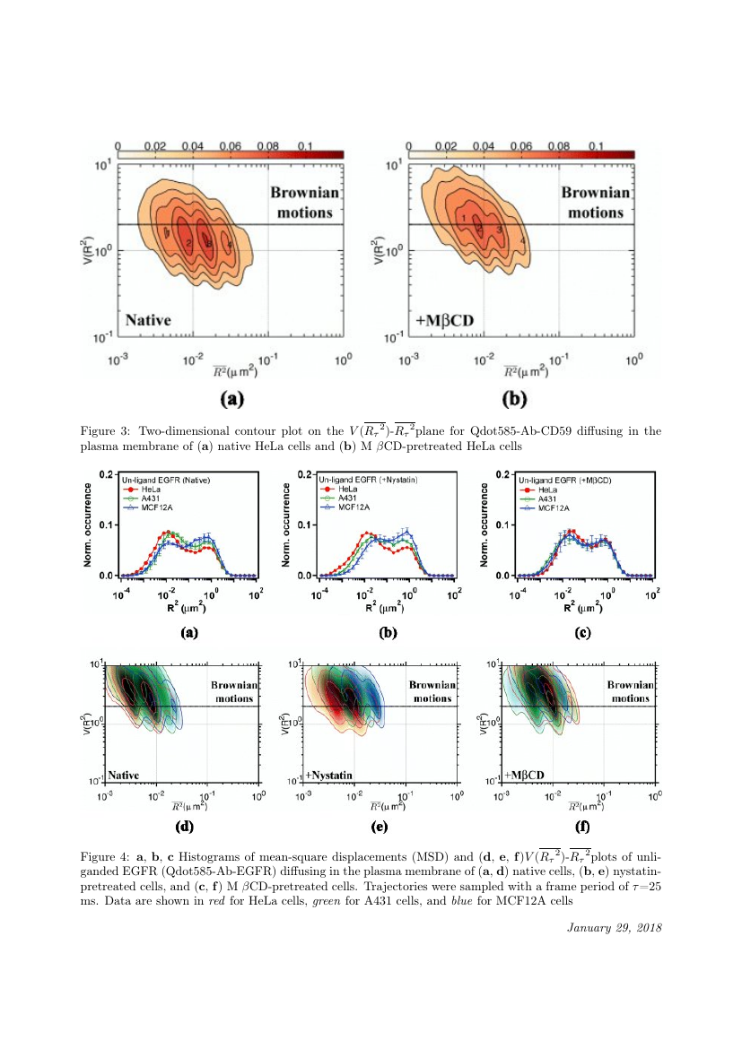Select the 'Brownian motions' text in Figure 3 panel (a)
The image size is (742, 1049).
(302, 202)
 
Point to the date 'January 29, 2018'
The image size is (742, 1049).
(615, 926)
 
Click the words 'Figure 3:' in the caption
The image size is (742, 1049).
(104, 431)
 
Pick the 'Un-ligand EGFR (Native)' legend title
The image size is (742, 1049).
(166, 481)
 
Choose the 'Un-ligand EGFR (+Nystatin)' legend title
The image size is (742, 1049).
(362, 481)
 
